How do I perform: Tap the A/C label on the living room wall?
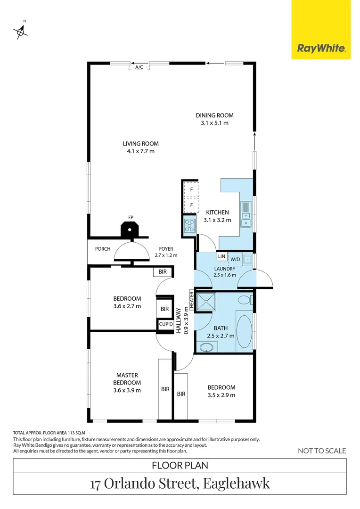tap(139, 67)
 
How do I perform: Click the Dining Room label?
tap(215, 115)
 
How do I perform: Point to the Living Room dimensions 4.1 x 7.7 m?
tap(140, 151)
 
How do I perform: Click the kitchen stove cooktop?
tap(189, 225)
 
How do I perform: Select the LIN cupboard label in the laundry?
tap(221, 257)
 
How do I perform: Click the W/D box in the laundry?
tap(235, 259)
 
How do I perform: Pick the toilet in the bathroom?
tap(245, 299)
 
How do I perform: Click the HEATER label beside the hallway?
tap(192, 300)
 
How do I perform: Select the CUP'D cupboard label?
tap(165, 325)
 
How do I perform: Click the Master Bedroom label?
tap(127, 379)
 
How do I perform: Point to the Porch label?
tap(102, 249)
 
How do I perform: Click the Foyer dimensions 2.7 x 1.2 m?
tap(166, 255)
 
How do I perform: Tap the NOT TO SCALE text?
tap(322, 451)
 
